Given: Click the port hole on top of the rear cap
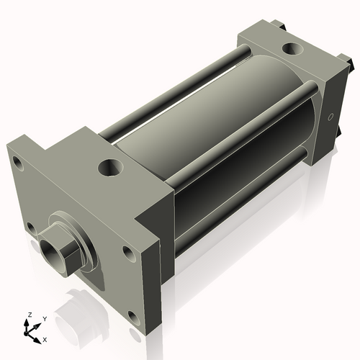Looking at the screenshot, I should (293, 49).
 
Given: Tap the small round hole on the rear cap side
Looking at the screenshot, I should (330, 117).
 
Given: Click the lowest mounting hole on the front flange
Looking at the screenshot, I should (133, 315).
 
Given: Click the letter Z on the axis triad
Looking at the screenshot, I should (30, 315).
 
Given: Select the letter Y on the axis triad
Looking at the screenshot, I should (44, 318).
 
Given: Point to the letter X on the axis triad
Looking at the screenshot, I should (45, 338).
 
